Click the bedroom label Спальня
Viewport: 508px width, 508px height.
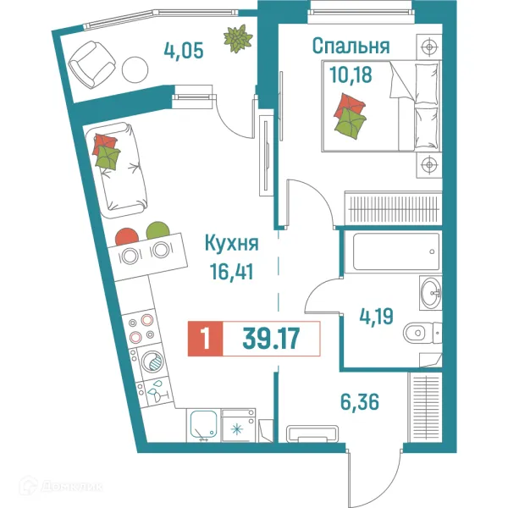pyautogui.click(x=351, y=46)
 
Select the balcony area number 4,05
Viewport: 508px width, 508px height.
pyautogui.click(x=185, y=50)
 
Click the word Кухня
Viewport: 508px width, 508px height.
pyautogui.click(x=231, y=244)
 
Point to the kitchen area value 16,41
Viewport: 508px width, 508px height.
pyautogui.click(x=231, y=272)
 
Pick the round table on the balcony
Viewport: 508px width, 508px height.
pyautogui.click(x=134, y=69)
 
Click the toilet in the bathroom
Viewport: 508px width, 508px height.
pyautogui.click(x=421, y=333)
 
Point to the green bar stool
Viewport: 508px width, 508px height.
pyautogui.click(x=157, y=230)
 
